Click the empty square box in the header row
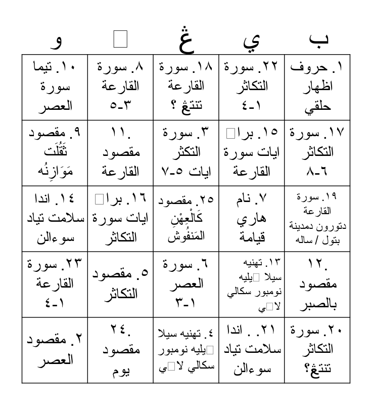click(x=120, y=40)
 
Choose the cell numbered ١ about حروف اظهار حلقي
click(x=317, y=87)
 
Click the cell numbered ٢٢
click(x=252, y=87)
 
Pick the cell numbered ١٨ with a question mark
click(x=186, y=87)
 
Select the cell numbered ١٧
click(x=317, y=152)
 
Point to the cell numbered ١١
click(x=120, y=152)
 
